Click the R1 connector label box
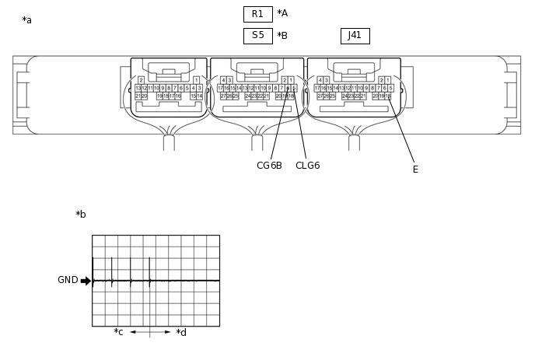click(257, 14)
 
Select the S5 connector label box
click(257, 36)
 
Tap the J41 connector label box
click(355, 36)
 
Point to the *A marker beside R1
click(282, 13)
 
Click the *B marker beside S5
click(282, 36)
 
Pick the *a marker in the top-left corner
click(27, 20)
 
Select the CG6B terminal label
click(269, 166)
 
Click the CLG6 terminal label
click(307, 166)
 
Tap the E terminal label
click(415, 170)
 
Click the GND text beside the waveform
click(68, 280)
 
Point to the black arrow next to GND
click(86, 281)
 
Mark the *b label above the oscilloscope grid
click(81, 215)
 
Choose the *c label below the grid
click(118, 332)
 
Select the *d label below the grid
click(181, 333)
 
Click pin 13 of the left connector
click(138, 89)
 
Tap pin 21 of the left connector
click(138, 96)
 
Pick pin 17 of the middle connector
click(220, 89)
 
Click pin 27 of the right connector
click(320, 96)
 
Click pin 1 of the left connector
click(196, 80)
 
